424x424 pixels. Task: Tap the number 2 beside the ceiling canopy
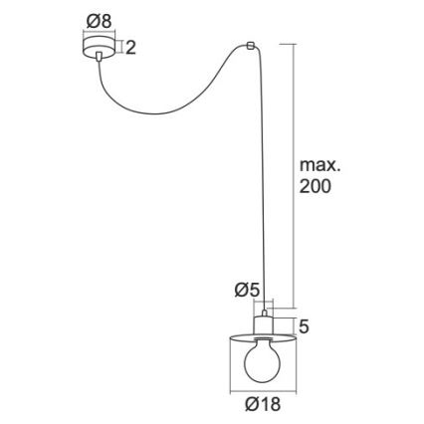(130, 47)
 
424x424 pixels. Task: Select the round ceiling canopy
(100, 47)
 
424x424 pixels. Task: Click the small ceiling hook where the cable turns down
(249, 45)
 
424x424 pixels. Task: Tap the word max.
(319, 165)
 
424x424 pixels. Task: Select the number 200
(317, 187)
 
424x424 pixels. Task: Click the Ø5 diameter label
(247, 290)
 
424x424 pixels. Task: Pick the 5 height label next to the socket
(305, 325)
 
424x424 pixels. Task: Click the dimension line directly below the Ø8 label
(100, 33)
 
